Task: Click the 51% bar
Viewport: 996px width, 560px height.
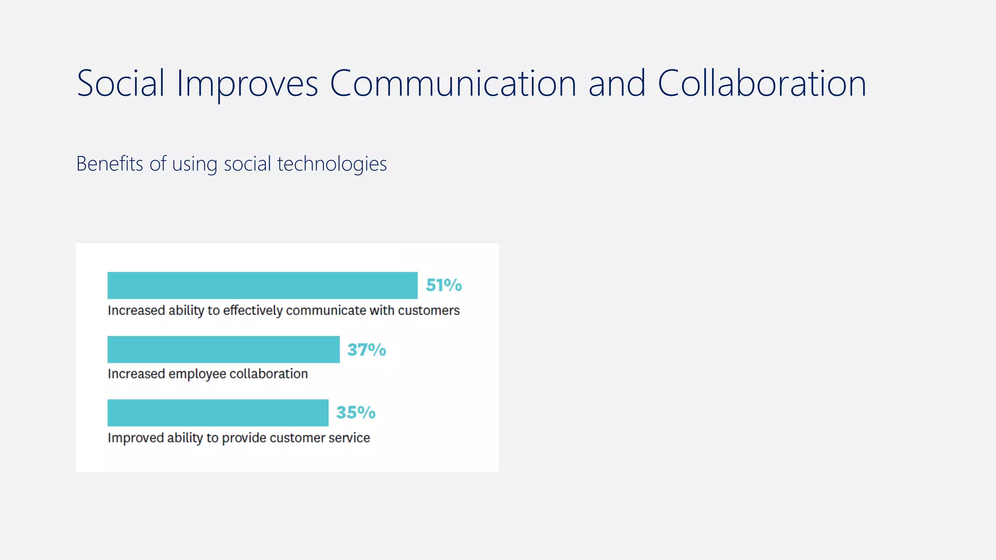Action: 262,285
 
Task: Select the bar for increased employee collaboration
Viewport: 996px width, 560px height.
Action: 223,350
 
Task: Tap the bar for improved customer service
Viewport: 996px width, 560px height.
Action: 218,413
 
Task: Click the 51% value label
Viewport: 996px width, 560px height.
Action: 444,285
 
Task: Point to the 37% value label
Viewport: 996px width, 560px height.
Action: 367,350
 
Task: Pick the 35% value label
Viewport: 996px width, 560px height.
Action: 356,413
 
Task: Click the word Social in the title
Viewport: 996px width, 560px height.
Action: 121,84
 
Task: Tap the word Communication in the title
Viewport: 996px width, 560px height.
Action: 453,84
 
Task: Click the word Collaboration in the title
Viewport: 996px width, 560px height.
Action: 762,84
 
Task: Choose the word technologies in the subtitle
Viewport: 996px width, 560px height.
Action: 332,164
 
